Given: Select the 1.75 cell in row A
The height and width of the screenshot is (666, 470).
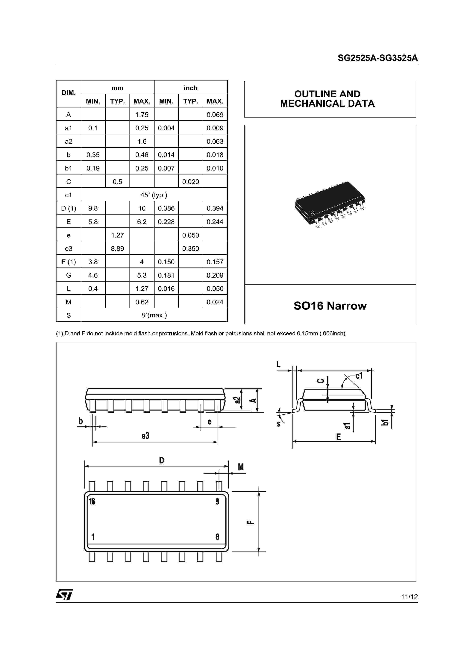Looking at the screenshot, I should coord(142,115).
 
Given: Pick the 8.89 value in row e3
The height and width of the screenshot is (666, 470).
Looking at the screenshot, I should coord(117,249).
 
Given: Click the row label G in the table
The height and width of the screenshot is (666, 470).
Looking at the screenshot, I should coord(69,275).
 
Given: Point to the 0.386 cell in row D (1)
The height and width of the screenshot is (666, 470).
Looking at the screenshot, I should coord(166,208).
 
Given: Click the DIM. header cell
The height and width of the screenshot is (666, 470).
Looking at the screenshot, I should coord(69,93).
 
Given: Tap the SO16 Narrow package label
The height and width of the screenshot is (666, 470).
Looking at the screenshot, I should coord(330,306).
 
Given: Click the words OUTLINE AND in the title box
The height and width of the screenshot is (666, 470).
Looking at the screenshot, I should coord(327,94).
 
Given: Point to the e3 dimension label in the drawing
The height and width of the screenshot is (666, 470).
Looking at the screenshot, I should coord(145,436).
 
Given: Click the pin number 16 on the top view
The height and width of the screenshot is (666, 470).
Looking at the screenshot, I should coord(92,502).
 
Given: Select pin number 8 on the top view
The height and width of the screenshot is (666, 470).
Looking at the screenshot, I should coord(217,537).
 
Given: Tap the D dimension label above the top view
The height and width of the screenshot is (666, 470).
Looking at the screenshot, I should coord(162,460).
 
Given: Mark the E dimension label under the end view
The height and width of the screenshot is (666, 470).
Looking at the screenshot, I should coord(338,437).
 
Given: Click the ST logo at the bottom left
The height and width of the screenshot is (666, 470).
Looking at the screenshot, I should coord(64,594).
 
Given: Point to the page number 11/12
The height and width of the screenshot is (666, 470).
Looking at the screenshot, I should coord(409,597).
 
